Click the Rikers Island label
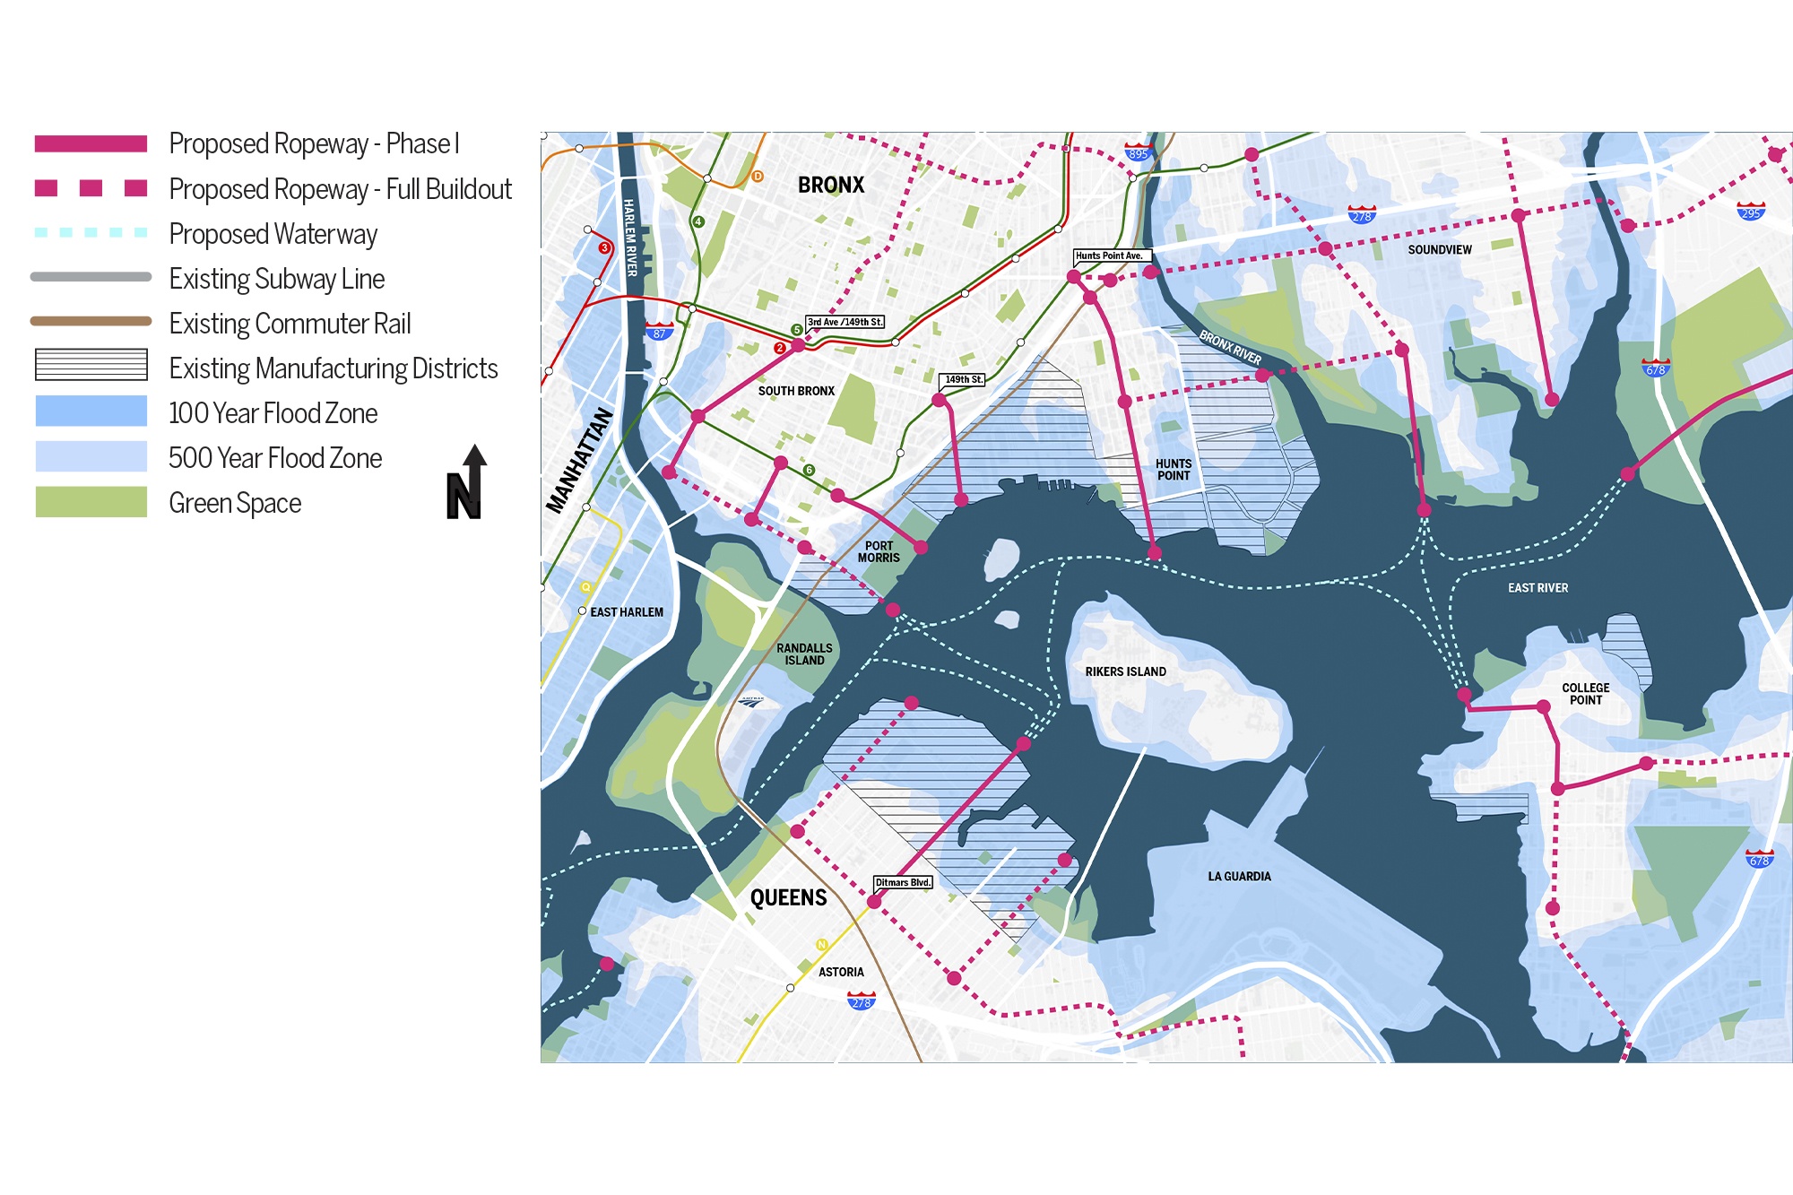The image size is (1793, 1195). click(x=1125, y=671)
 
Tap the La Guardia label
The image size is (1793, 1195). click(x=1239, y=876)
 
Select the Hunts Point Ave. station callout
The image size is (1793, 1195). click(x=1110, y=255)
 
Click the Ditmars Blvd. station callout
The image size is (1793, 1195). click(x=903, y=882)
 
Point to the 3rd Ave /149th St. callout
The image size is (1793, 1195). click(x=845, y=322)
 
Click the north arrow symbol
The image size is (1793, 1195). click(x=466, y=483)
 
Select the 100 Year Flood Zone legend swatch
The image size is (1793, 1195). click(x=91, y=411)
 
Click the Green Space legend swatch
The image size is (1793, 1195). click(x=91, y=502)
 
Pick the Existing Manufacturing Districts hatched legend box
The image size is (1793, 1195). click(x=91, y=365)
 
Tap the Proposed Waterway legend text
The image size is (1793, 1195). click(x=273, y=234)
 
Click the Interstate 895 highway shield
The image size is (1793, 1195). click(x=1138, y=152)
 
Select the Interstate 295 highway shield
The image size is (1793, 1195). click(x=1750, y=212)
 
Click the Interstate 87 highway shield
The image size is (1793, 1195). click(x=659, y=332)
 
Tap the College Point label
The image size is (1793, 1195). click(x=1585, y=694)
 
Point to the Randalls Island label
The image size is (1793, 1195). click(x=804, y=654)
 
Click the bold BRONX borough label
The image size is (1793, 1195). click(x=831, y=186)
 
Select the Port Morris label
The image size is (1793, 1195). click(x=879, y=551)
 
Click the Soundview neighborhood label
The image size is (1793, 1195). click(x=1439, y=250)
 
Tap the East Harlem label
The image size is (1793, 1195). click(x=627, y=612)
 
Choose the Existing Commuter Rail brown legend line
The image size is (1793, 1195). click(x=91, y=321)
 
